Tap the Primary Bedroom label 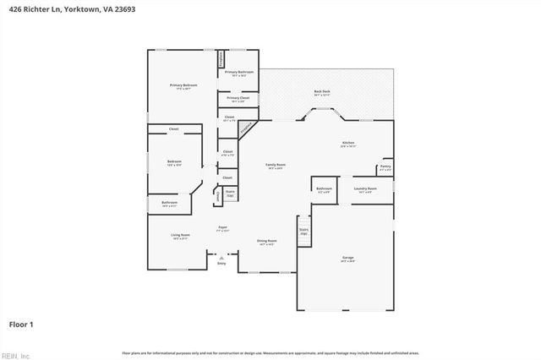point(183,86)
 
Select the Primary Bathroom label point(240,73)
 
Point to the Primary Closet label point(239,99)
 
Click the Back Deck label point(322,91)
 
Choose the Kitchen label point(348,144)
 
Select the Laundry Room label point(365,188)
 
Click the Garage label point(347,259)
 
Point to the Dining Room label point(267,242)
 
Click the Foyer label point(222,227)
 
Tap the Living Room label point(180,236)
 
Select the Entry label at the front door point(221,264)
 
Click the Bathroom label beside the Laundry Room point(324,188)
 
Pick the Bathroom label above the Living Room point(169,203)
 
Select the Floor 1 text point(21,323)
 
